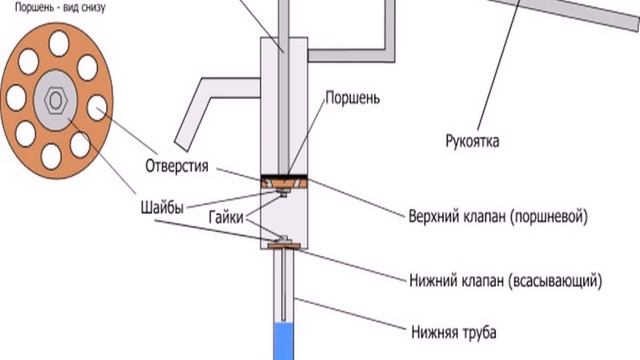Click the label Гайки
tap(227, 217)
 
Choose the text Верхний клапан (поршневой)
tap(496, 216)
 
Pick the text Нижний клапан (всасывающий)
tap(504, 281)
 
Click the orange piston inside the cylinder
tap(282, 183)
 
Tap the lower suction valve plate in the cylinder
tap(283, 243)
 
